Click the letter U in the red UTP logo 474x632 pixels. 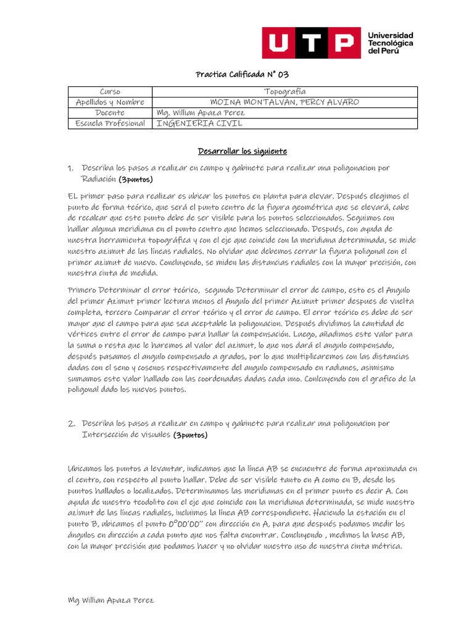[x=281, y=43]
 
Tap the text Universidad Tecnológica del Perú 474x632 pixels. [x=390, y=43]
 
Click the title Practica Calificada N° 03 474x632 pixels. [x=242, y=75]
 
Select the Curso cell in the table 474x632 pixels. [x=110, y=92]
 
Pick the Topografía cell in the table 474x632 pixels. [x=285, y=92]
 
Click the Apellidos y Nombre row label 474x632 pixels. [x=110, y=102]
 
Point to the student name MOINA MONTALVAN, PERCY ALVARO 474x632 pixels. [x=285, y=102]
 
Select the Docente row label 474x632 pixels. [x=110, y=113]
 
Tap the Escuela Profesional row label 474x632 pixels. [x=110, y=123]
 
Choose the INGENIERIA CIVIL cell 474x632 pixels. [x=200, y=123]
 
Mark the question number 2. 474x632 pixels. [x=71, y=423]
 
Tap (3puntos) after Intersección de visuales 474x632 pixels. [x=190, y=435]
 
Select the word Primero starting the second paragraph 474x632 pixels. [x=82, y=290]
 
